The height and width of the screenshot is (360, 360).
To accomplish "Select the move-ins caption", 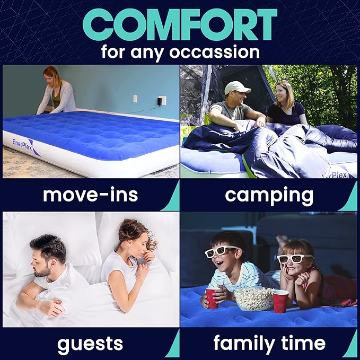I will point(91,195).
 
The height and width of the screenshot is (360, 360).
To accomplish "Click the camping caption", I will point(269,195).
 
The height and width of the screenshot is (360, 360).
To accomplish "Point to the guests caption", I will point(91,343).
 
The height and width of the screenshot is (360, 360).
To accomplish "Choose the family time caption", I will point(269,343).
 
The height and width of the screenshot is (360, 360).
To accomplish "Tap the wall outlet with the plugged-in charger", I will point(162,100).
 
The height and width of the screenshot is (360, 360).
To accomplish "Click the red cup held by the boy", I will point(212,298).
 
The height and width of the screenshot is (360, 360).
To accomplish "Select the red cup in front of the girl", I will point(280,301).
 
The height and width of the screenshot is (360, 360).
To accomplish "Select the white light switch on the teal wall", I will point(135,99).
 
